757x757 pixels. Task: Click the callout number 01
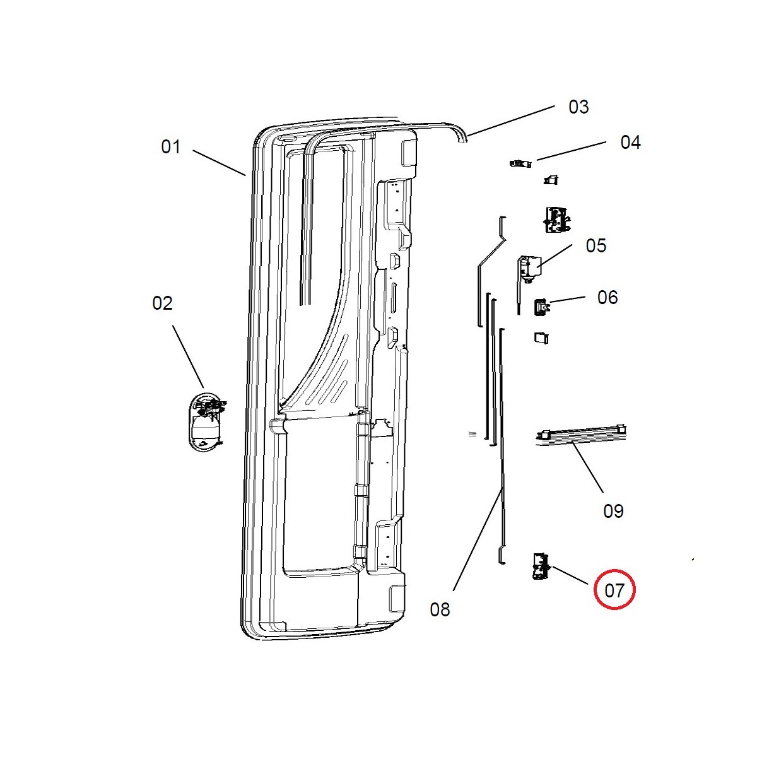tap(171, 147)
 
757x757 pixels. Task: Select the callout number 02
tap(162, 303)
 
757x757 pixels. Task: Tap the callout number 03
tap(578, 107)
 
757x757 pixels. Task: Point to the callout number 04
tap(630, 143)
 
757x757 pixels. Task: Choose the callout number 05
tap(596, 245)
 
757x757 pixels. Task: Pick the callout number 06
tap(607, 297)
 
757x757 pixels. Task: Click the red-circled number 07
tap(614, 590)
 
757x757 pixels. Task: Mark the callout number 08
tap(440, 609)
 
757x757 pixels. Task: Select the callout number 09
tap(613, 511)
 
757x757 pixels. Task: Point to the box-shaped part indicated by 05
tap(529, 266)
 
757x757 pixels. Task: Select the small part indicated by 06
tap(541, 307)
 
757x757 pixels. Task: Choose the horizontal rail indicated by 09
tap(580, 435)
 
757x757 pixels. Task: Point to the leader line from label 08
tap(478, 539)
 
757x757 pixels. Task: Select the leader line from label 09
tap(587, 467)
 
